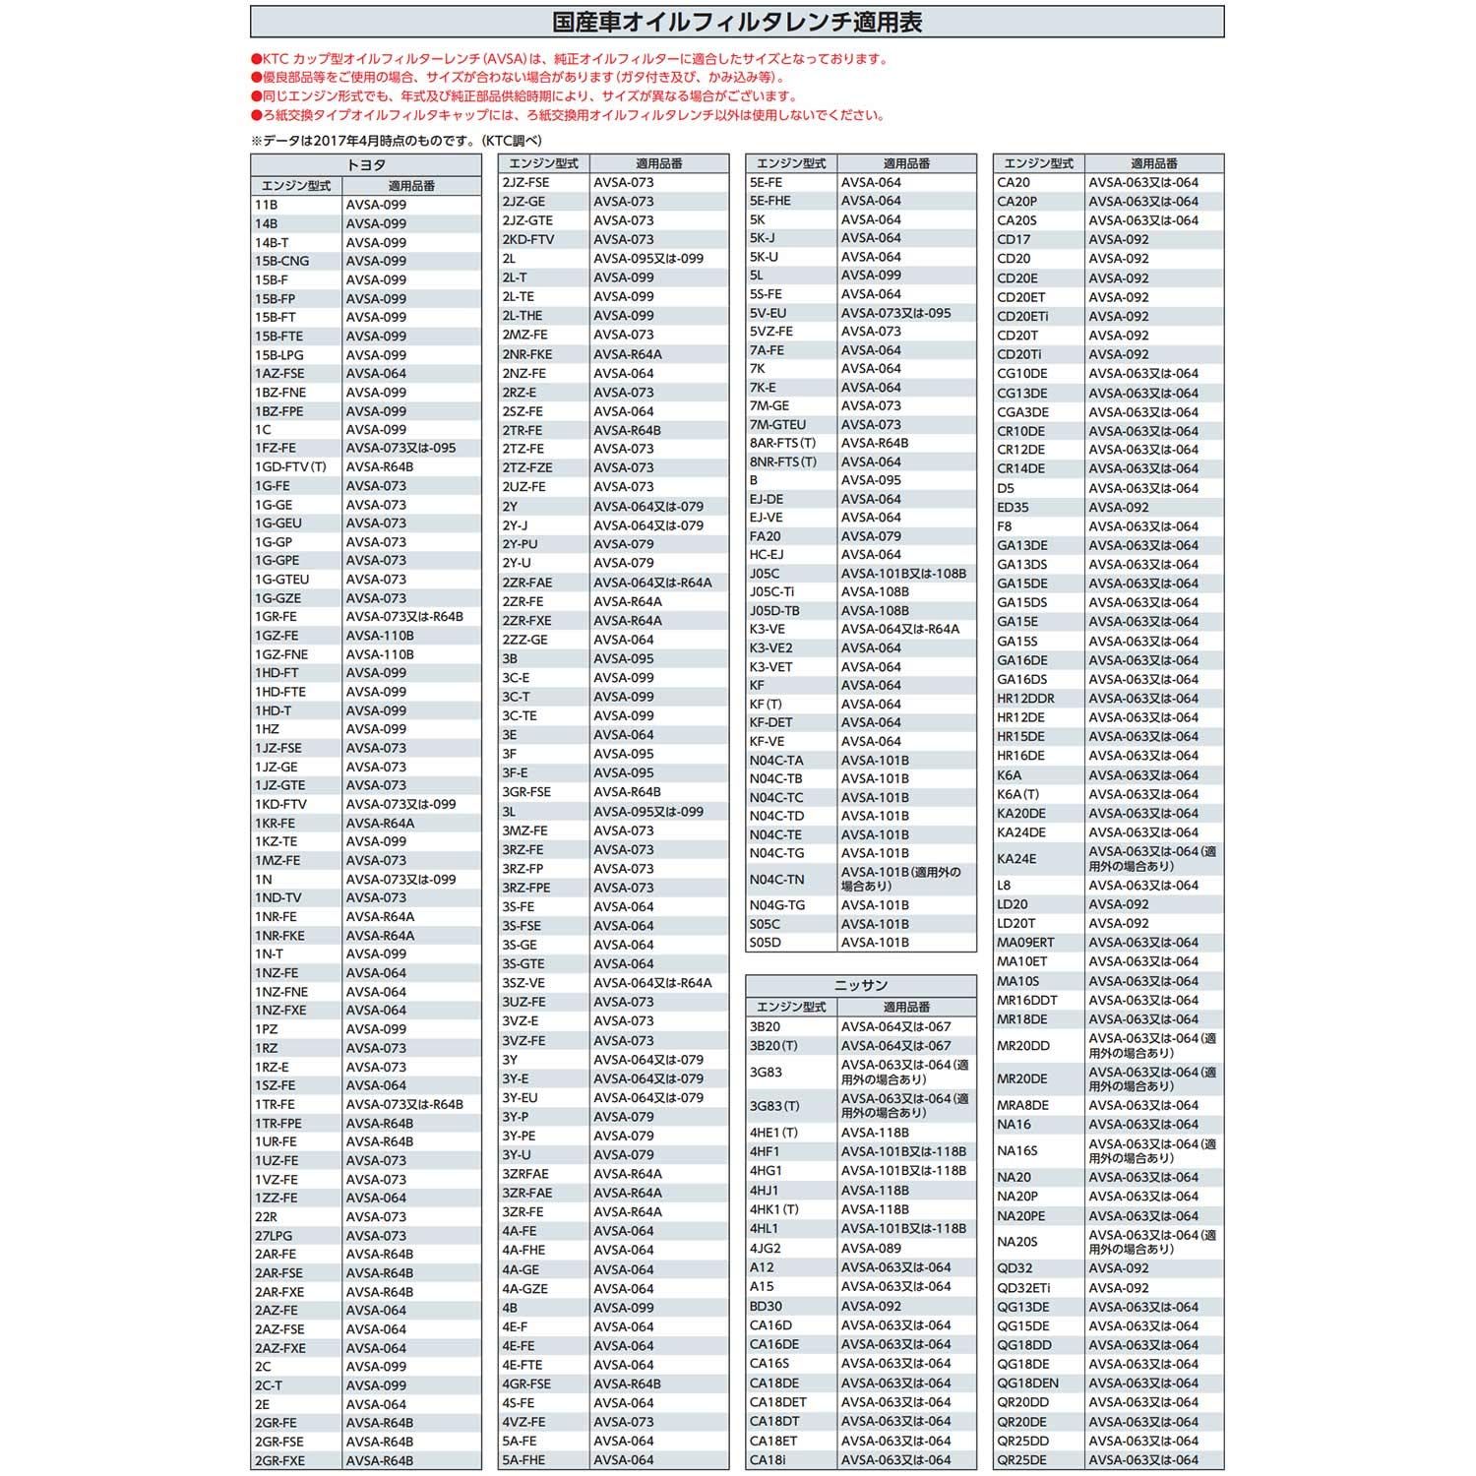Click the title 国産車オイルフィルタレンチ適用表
pyautogui.click(x=737, y=22)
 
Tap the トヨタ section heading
pyautogui.click(x=366, y=165)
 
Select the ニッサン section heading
pyautogui.click(x=861, y=985)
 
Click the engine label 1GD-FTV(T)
pyautogui.click(x=290, y=467)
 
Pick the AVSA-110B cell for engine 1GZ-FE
pyautogui.click(x=380, y=636)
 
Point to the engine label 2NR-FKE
pyautogui.click(x=527, y=354)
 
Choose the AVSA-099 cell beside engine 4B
pyautogui.click(x=624, y=1308)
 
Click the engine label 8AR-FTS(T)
pyautogui.click(x=782, y=443)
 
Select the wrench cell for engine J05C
pyautogui.click(x=903, y=574)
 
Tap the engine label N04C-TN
pyautogui.click(x=776, y=880)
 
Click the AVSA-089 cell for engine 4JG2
pyautogui.click(x=871, y=1249)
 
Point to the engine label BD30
pyautogui.click(x=766, y=1307)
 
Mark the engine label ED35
pyautogui.click(x=1013, y=508)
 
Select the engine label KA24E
pyautogui.click(x=1016, y=859)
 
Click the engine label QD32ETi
pyautogui.click(x=1023, y=1288)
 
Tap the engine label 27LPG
pyautogui.click(x=274, y=1236)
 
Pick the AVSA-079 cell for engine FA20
pyautogui.click(x=871, y=536)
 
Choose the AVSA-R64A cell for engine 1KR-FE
pyautogui.click(x=380, y=824)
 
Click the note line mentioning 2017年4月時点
pyautogui.click(x=396, y=141)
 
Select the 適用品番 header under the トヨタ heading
pyautogui.click(x=411, y=186)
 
